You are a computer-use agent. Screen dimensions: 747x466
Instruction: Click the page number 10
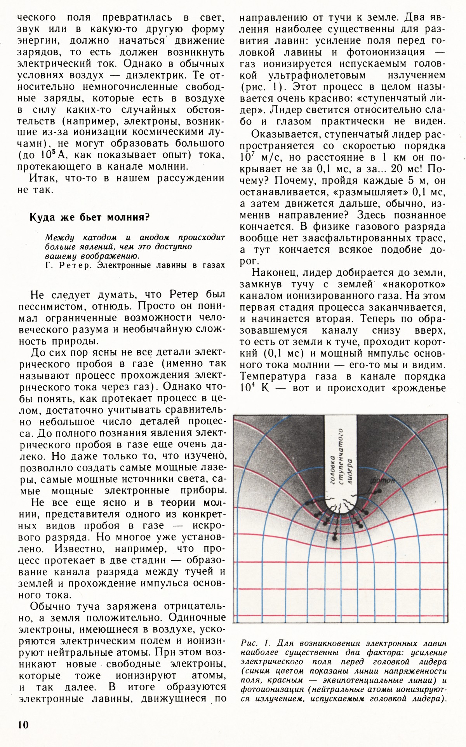tap(23, 725)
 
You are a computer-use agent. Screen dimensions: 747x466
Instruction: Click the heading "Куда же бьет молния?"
tap(90, 217)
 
